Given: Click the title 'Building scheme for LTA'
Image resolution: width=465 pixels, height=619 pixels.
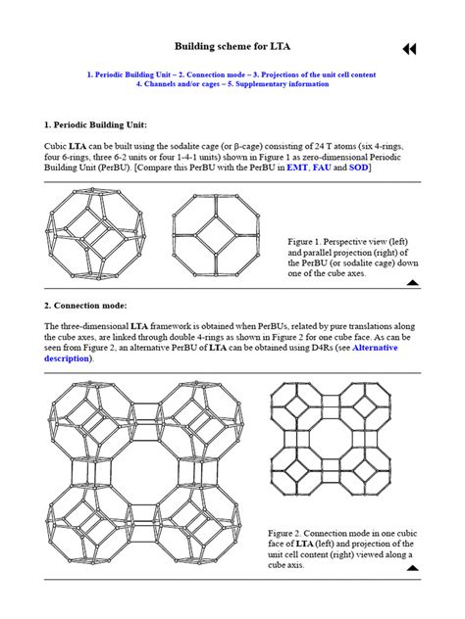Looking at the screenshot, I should coord(232,46).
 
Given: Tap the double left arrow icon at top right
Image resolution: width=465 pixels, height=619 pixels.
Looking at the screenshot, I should coord(409,49).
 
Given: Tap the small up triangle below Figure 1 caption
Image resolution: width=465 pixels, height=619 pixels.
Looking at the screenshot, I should coord(413,282).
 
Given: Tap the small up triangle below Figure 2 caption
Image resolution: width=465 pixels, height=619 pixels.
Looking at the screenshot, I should coord(413,567).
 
